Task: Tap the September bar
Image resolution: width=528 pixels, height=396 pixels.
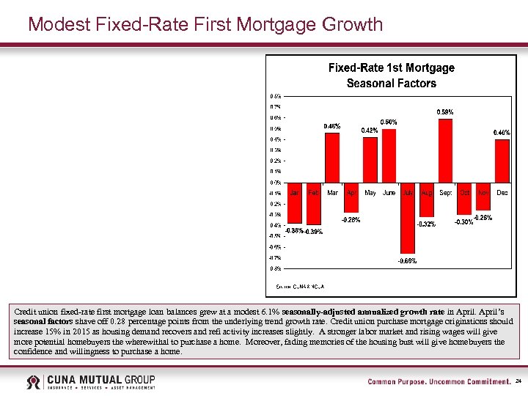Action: coord(445,150)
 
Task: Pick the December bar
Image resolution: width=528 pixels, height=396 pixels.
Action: coord(502,161)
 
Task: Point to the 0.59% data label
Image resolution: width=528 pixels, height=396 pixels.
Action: coord(445,112)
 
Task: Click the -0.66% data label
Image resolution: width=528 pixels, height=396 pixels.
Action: coord(407,261)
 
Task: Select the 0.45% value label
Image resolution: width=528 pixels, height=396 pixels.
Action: coord(332,126)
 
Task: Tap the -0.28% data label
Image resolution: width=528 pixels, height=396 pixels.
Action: coord(351,219)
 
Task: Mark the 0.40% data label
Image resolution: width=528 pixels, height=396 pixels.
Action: coord(502,133)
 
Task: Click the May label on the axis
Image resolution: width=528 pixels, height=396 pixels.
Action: coord(370,193)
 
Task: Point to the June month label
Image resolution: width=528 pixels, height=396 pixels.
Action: coord(389,193)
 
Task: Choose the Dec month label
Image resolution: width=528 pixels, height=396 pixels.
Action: coord(502,193)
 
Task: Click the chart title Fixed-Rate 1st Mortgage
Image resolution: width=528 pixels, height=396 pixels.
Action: coord(391,67)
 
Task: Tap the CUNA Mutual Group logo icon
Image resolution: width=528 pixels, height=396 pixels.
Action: coord(34,382)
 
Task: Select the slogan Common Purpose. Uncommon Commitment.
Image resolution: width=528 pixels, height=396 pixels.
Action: coord(439,382)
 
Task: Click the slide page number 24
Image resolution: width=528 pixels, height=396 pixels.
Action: coord(518,382)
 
